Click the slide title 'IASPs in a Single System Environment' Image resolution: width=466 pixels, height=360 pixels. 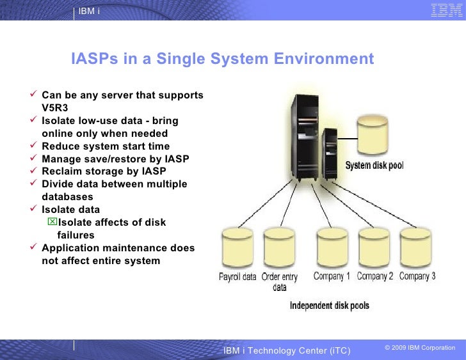pos(222,59)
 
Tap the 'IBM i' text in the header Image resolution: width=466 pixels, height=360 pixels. pos(89,12)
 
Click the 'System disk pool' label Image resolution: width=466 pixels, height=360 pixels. pos(374,166)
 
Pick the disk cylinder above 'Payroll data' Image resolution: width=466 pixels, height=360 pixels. pos(237,249)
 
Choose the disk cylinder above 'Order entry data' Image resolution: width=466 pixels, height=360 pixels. pos(279,249)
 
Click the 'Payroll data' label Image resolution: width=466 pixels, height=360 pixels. pos(237,278)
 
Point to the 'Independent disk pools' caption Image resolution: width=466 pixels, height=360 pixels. pos(329,306)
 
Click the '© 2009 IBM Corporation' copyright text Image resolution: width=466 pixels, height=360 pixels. pos(419,348)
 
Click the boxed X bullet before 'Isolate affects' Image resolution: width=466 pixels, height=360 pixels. pos(52,222)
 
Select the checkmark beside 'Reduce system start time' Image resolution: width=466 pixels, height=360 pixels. pos(35,146)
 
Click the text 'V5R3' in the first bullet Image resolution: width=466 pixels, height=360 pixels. pos(55,108)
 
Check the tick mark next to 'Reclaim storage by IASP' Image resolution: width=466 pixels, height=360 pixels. pos(35,171)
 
